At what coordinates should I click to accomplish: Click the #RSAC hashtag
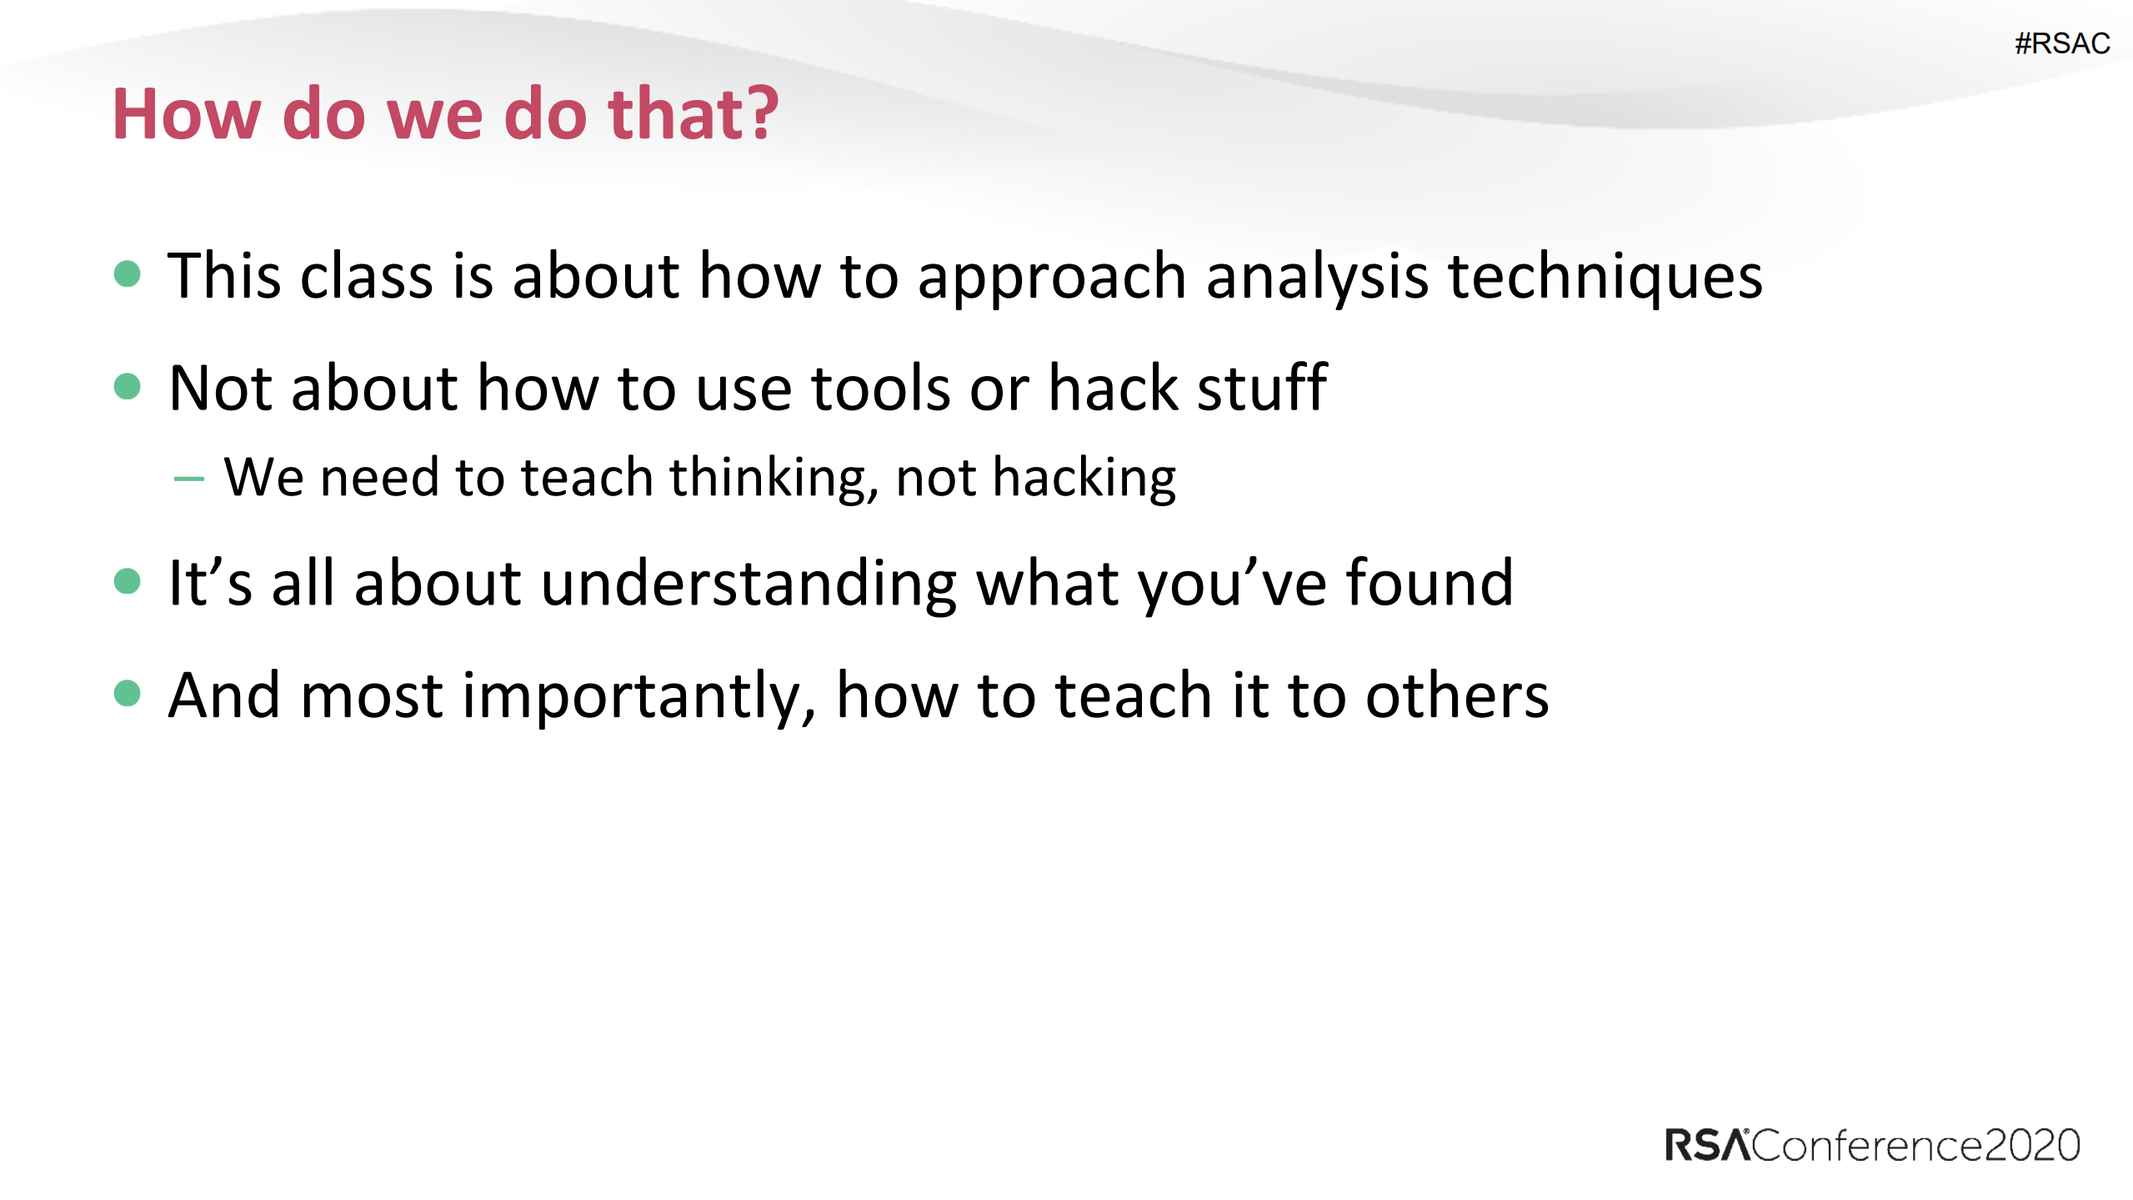(2061, 43)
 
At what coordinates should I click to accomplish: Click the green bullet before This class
(127, 274)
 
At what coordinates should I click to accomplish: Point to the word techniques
(1605, 277)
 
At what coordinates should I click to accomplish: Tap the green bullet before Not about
(127, 386)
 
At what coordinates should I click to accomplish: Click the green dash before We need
(189, 479)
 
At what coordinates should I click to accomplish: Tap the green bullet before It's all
(127, 580)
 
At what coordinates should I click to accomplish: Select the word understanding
(749, 584)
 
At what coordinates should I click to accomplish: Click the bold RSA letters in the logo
(1706, 1145)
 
